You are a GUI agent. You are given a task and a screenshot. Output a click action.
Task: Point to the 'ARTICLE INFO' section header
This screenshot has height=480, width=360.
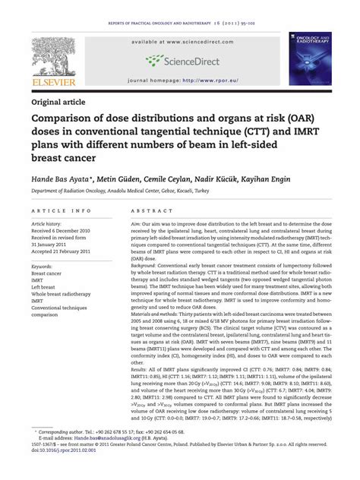click(62, 210)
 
